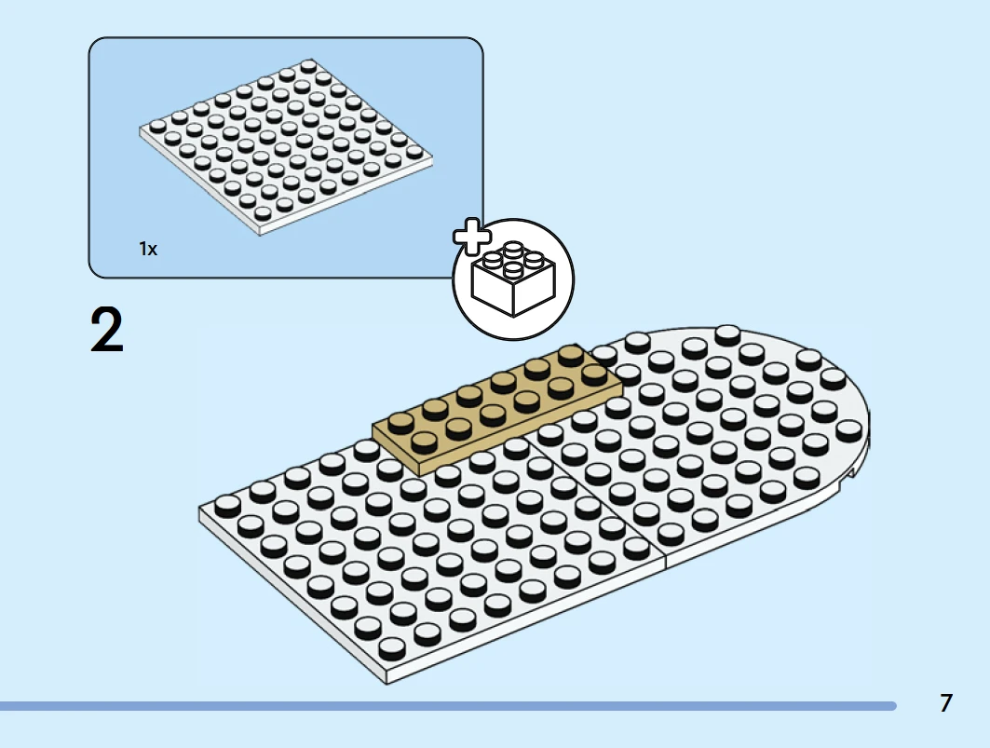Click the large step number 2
tap(107, 329)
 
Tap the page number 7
tap(946, 703)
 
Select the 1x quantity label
tap(148, 249)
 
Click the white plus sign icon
tap(471, 237)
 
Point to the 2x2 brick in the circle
tap(514, 279)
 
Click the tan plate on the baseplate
tap(497, 409)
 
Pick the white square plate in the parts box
tap(287, 147)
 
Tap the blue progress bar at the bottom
tap(448, 706)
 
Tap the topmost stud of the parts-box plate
tap(309, 66)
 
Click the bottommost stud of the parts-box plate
tap(264, 213)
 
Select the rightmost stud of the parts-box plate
tap(414, 152)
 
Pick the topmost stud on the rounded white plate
tap(728, 333)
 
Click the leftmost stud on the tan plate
tap(400, 423)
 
